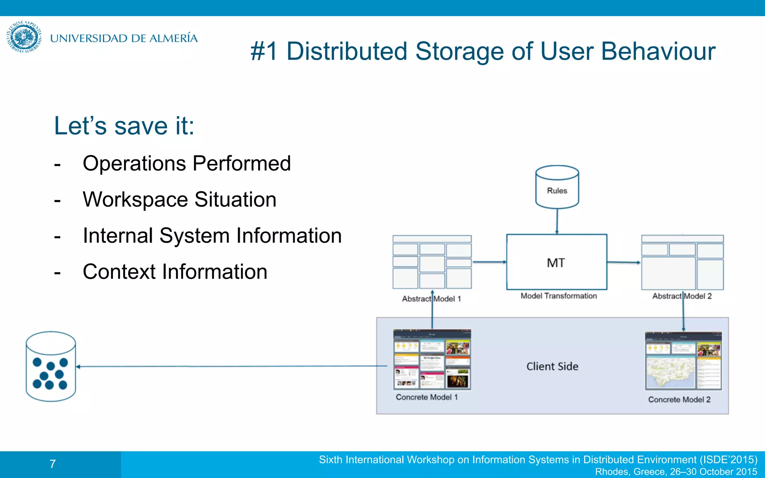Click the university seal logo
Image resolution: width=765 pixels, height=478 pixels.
tap(24, 37)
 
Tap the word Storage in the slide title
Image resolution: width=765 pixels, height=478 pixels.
tap(459, 51)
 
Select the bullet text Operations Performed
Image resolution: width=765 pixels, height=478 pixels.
tap(186, 164)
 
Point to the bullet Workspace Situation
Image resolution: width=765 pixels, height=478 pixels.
tap(179, 199)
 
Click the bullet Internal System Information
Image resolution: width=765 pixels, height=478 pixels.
tap(212, 236)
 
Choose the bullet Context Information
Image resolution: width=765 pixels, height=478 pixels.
tap(175, 271)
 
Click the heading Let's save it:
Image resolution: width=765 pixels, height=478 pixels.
tap(124, 126)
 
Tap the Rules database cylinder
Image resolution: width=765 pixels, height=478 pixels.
tap(557, 187)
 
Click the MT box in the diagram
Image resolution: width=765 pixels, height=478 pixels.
tap(556, 262)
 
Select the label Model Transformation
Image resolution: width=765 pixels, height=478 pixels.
tap(558, 296)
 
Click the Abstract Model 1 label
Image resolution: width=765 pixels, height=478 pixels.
tap(431, 299)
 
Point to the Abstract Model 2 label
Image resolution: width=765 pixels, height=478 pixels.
tap(682, 296)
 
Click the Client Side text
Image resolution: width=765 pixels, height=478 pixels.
tap(552, 366)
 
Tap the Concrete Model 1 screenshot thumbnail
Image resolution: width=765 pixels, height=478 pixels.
tap(432, 359)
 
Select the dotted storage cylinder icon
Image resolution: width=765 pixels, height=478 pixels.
tap(51, 366)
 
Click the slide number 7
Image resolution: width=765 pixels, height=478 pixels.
tap(53, 464)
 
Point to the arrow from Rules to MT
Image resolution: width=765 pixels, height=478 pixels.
tap(557, 221)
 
